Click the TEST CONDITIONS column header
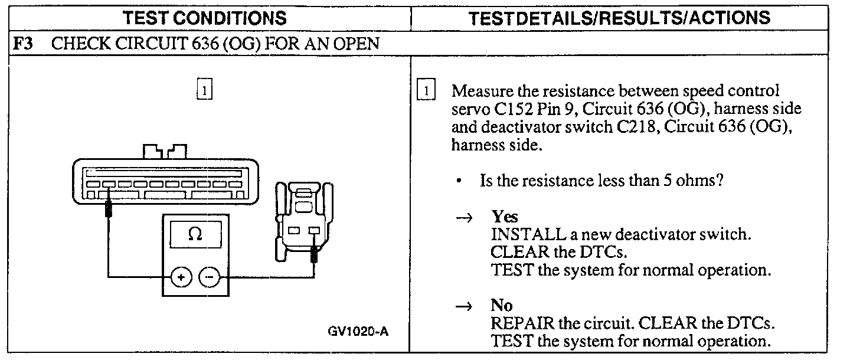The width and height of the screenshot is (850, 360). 205,17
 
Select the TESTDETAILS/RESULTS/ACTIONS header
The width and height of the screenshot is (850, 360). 619,17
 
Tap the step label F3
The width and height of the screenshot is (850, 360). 23,44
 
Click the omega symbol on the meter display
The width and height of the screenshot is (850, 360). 195,234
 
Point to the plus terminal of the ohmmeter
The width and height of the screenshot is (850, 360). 181,276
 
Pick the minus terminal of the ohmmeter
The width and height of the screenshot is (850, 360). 208,276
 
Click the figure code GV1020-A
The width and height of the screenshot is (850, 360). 358,331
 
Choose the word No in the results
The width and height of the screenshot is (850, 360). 501,306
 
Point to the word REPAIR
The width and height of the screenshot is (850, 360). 518,324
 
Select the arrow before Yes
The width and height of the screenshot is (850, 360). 465,217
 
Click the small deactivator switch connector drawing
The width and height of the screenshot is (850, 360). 303,221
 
